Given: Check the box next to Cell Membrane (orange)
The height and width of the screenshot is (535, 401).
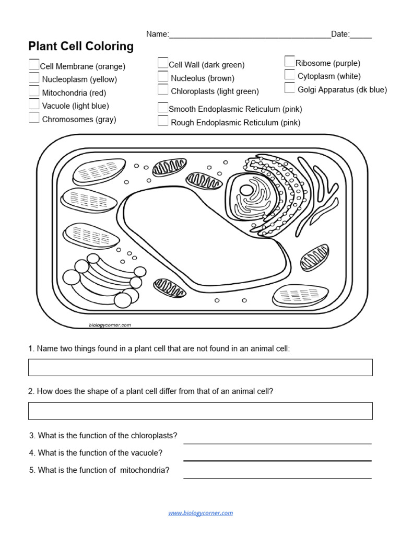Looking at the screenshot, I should point(34,65).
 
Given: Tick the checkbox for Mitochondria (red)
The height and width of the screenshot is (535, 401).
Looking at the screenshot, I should point(34,92).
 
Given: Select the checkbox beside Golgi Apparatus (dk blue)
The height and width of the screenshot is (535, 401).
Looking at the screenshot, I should point(290,88).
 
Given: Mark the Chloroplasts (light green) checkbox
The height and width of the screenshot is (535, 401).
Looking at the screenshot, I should point(163,90).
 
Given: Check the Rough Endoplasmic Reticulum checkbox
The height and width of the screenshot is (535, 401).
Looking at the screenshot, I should point(163,121).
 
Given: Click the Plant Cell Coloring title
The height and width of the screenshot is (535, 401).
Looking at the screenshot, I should point(81,46).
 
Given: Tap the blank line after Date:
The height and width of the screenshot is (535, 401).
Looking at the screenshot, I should point(361,34).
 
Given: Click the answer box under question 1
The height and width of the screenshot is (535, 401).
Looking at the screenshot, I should point(200,367).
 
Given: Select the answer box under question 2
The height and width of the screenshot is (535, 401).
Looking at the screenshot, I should point(200,411).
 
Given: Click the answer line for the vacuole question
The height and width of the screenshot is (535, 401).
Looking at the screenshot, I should point(277,456).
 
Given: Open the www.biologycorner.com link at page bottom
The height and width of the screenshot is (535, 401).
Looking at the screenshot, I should point(200,513).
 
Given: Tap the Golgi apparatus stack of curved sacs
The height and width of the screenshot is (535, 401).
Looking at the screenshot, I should point(102,280).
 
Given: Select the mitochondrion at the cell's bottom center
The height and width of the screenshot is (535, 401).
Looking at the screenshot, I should point(170,287).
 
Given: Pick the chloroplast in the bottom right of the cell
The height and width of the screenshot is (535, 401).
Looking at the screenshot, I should point(300,296).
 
